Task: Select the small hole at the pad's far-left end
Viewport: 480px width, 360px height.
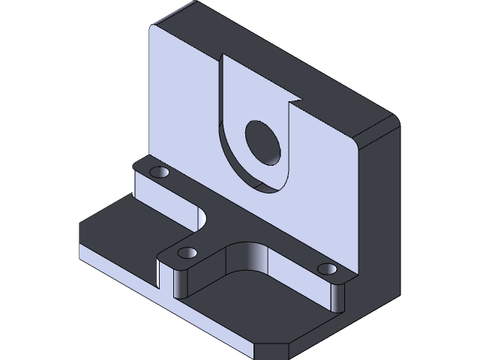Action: coord(158,173)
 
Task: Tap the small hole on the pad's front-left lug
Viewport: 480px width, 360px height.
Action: coord(188,253)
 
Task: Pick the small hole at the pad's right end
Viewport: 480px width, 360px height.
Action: coord(327,268)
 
